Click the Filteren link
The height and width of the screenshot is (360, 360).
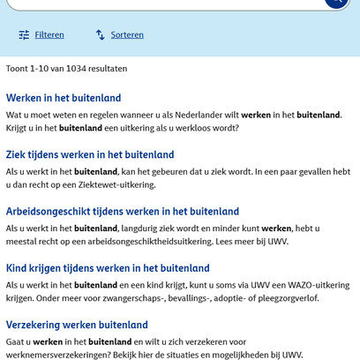pos(49,35)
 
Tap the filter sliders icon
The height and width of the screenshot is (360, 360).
pos(24,35)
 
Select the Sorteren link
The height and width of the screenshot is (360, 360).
pos(127,35)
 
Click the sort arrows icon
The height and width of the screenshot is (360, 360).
pos(101,35)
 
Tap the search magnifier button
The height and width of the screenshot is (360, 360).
pos(335,3)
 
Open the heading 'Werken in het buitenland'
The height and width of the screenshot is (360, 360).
pos(64,98)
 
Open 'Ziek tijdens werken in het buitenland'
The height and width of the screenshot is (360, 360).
pos(90,154)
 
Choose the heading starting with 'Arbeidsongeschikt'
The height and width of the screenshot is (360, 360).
pos(123,212)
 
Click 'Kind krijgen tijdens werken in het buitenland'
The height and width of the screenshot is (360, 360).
pos(108,268)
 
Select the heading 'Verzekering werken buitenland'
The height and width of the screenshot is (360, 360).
pos(77,325)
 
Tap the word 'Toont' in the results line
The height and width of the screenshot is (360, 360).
pos(19,68)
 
